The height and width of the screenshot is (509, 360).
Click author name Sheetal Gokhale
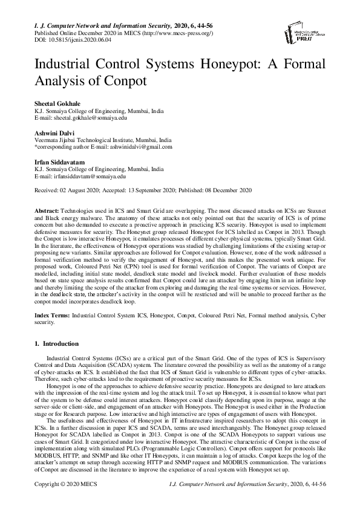coord(56,105)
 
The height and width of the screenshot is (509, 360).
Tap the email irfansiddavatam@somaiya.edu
coord(87,177)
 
